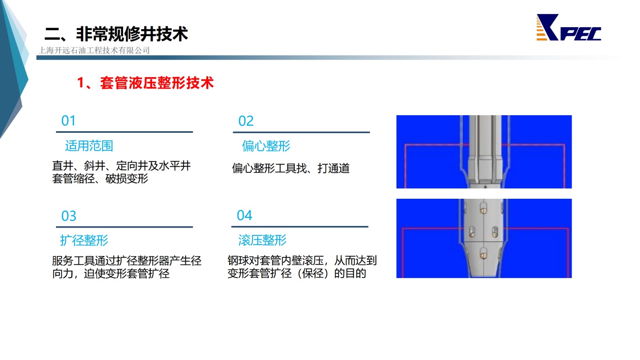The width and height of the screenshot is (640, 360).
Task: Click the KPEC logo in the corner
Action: point(568,28)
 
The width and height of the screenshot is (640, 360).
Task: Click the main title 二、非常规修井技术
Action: point(116,34)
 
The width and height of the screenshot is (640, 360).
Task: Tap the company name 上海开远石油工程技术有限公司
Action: point(94,50)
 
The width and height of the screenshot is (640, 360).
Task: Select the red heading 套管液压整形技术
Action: point(157,83)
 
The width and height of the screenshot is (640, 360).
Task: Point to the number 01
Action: point(68,120)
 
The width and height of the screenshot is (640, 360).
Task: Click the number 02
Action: point(246,121)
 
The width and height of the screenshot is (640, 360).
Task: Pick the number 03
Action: point(69,216)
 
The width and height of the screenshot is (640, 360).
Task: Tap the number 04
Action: point(244,216)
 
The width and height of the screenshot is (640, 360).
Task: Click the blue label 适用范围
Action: point(89,146)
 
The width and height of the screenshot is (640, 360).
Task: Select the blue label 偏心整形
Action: point(266,146)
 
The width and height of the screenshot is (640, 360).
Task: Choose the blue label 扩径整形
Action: point(84,240)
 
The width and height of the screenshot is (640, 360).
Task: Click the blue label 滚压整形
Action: point(262,240)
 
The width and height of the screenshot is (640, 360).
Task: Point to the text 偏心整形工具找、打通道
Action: point(290,168)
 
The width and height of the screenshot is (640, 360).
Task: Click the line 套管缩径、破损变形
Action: point(100,178)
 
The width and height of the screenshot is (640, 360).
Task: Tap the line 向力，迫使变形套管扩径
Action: point(111,274)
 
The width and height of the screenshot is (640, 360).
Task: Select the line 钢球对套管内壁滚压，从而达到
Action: point(302,260)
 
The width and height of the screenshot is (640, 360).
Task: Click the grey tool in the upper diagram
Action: point(485,152)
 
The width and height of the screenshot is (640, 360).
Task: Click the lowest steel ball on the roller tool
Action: point(484,254)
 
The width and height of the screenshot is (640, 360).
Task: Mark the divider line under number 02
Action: point(302,132)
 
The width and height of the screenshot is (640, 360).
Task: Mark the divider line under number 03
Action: point(124,227)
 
